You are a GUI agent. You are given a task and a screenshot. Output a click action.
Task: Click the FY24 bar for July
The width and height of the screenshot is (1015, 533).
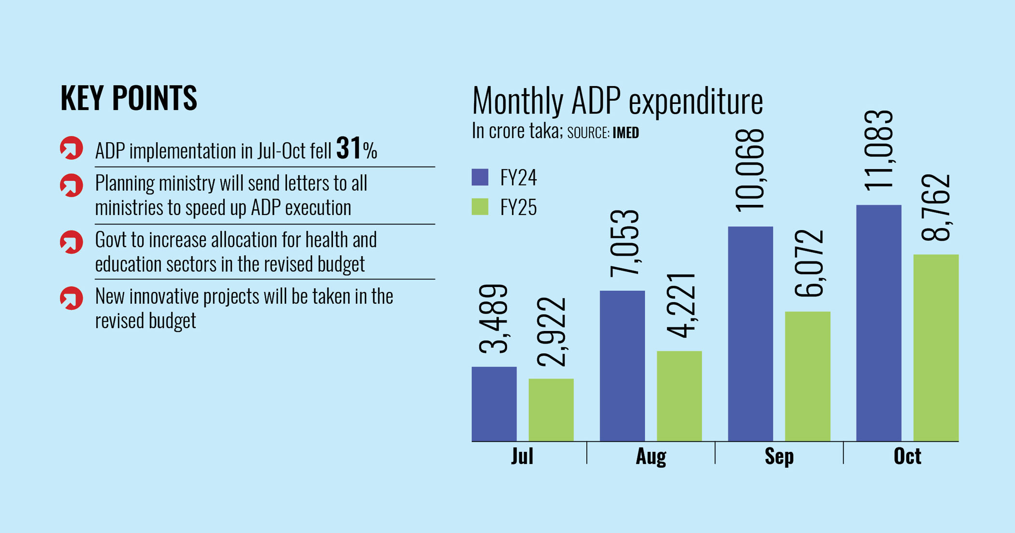coord(494,404)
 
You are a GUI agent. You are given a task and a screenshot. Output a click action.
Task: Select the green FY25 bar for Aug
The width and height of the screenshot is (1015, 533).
coord(679,396)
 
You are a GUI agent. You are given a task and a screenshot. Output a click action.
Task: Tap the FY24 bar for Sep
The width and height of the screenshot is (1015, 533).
coord(750,333)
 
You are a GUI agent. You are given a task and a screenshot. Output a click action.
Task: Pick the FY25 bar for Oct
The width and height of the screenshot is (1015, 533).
coord(936,347)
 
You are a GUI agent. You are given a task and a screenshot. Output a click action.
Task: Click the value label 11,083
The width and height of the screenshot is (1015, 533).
coord(879,150)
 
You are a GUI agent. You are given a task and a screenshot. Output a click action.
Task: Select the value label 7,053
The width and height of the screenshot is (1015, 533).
coord(624,244)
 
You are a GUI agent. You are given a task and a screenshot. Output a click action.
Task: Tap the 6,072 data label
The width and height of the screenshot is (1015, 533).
coord(809,263)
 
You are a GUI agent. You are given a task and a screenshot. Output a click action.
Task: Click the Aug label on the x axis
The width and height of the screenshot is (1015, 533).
coord(651,456)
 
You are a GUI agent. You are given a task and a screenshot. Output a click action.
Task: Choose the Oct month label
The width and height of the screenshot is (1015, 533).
coord(907,456)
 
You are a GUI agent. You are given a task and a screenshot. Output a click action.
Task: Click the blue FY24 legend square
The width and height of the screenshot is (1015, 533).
coord(480,177)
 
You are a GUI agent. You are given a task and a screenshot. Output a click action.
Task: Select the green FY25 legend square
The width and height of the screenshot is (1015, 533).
coord(480,207)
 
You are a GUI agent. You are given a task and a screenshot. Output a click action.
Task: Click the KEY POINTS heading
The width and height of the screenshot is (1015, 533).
coord(129,98)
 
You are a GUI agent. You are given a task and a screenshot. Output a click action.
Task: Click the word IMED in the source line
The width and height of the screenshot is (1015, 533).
coord(625,133)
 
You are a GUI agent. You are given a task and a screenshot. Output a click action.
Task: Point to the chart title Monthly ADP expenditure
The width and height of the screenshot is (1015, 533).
coord(617,101)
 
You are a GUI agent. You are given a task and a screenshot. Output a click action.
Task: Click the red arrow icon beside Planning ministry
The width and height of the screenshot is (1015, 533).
coord(72,186)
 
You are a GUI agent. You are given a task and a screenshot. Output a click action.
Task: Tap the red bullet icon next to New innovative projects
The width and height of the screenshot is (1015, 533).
coord(72,298)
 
